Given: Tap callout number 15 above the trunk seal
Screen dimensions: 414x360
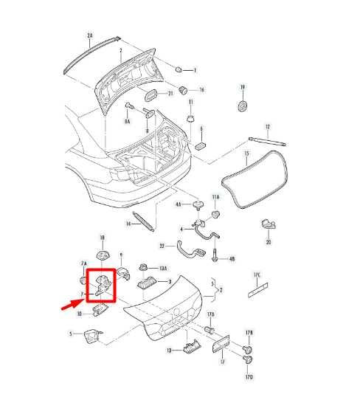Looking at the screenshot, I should (x=246, y=155).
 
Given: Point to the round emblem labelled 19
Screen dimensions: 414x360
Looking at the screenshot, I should (x=241, y=106).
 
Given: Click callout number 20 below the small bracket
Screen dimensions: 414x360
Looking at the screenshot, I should (x=269, y=242).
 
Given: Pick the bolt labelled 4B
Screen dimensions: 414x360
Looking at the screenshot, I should (x=214, y=258).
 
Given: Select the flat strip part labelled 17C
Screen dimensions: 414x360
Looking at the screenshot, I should (x=256, y=289).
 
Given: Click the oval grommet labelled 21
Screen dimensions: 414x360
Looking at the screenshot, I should (x=150, y=94).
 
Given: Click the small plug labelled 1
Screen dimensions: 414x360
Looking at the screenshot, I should (x=179, y=69).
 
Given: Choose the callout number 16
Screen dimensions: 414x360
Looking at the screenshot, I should (x=201, y=89).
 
